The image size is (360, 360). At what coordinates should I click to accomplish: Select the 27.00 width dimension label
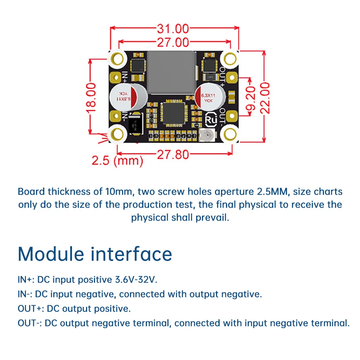[173, 42]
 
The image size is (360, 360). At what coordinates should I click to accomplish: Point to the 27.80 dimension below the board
[172, 154]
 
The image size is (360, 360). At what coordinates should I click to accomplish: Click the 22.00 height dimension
[265, 98]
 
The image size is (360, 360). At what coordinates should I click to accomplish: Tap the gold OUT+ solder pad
[232, 77]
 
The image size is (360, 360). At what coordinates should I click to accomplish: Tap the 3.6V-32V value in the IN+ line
[136, 279]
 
